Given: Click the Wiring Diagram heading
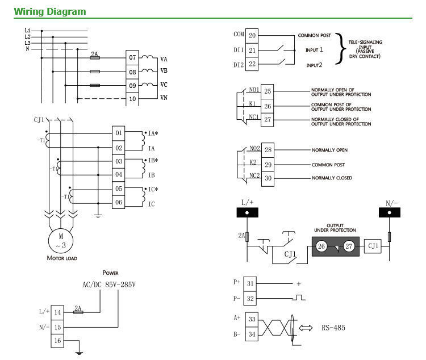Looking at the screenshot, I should (50, 11).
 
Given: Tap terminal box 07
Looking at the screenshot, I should (132, 58).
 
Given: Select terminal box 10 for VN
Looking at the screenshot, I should (132, 99).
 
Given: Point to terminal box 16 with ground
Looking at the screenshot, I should (57, 341).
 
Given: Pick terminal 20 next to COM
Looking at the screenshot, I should (252, 35).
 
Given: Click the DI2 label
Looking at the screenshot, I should (238, 65).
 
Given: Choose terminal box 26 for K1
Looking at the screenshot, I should (268, 106).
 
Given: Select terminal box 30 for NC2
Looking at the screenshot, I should (268, 178).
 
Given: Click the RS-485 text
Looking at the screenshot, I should (333, 328).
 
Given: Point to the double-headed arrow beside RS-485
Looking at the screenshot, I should (307, 328).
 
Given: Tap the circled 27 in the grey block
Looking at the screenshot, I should (348, 246).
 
